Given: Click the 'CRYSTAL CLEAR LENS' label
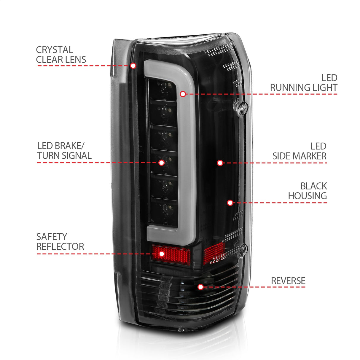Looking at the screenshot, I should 61,55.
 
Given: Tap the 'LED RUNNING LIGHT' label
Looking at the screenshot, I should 303,83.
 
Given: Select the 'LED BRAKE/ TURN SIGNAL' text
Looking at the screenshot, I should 64,151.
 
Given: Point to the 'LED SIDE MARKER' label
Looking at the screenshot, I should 299,151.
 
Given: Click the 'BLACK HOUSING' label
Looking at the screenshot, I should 307,191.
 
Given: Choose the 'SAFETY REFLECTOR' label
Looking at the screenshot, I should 60,241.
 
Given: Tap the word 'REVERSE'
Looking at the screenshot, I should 288,281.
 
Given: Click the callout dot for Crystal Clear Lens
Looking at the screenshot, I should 133,66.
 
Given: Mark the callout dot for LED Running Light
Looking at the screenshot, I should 183,94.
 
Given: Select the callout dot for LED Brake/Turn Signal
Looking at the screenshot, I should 161,163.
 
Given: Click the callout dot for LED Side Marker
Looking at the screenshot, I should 220,163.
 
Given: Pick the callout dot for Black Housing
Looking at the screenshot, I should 230,203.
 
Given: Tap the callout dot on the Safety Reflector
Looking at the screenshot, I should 162,254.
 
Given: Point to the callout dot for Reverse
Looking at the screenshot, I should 200,287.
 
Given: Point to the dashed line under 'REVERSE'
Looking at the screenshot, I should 255,287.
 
